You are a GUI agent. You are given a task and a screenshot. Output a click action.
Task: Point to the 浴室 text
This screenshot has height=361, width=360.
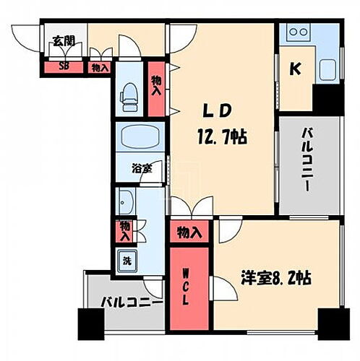(142, 169)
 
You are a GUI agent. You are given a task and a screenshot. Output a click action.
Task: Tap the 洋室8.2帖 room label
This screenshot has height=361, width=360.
(276, 277)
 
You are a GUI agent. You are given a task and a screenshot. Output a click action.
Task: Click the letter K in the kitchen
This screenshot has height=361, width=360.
(296, 69)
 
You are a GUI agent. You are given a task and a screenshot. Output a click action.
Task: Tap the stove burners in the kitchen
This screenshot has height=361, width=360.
(299, 33)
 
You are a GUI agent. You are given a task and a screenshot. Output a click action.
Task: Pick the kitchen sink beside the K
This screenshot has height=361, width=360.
(327, 71)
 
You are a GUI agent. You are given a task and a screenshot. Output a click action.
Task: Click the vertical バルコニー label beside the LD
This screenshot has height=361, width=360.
(308, 167)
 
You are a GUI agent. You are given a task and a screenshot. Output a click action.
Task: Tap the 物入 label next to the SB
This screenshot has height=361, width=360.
(100, 68)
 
